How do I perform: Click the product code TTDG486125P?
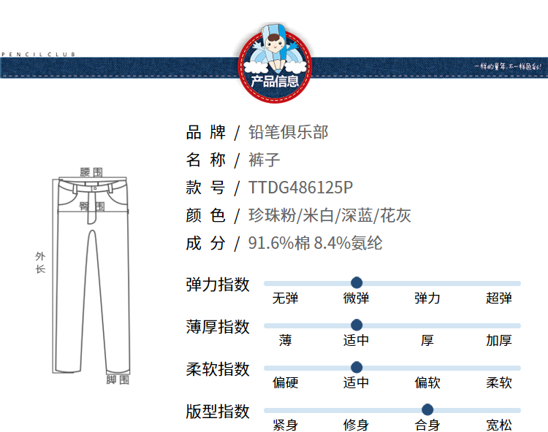coord(300,188)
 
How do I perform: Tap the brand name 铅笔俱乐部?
coord(289,132)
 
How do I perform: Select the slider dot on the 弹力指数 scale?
coord(357,282)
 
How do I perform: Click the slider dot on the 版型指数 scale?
coord(427,409)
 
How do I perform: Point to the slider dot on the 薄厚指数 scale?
coord(357,325)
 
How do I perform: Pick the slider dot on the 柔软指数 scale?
coord(357,367)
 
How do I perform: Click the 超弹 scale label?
coord(499,298)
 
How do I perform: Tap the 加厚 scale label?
coord(499,340)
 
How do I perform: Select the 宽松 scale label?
coord(499,425)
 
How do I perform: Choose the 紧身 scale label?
coord(285,425)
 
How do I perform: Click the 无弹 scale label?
coord(285,298)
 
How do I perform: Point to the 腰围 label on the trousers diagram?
coord(92,172)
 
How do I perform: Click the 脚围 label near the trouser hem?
coord(118,379)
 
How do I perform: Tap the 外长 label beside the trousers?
coord(40,263)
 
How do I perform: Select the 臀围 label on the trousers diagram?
coord(92,207)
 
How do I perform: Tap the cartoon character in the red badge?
coord(275,48)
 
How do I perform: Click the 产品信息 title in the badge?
coord(275,82)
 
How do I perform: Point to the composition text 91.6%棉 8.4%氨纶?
coord(315,243)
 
